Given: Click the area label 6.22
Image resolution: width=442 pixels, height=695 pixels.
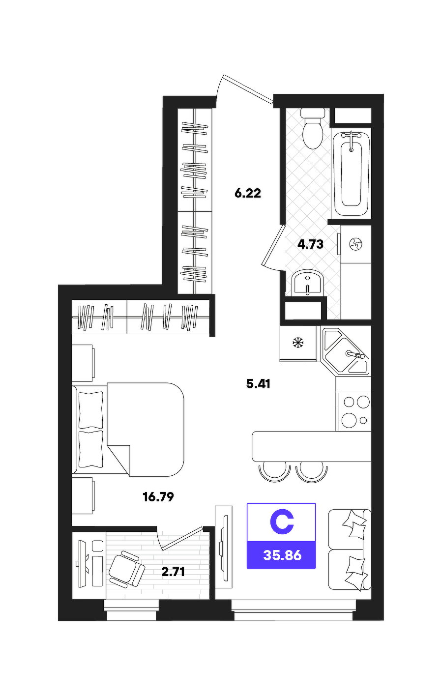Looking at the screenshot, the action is click(247, 193).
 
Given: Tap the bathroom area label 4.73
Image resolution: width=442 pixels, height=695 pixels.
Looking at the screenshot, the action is click(310, 244).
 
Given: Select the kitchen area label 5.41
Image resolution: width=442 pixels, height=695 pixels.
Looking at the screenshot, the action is click(258, 384).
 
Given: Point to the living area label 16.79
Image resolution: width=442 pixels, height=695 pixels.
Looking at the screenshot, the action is click(158, 497).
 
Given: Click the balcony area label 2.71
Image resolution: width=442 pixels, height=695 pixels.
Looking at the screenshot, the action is click(173, 571).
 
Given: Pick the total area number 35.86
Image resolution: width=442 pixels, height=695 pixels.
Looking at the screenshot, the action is click(282, 555).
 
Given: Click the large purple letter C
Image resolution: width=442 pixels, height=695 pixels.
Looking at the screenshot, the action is click(282, 523).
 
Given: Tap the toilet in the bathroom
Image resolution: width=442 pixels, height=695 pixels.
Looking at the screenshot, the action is click(313, 128).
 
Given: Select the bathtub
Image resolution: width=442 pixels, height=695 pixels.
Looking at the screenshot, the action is click(351, 173).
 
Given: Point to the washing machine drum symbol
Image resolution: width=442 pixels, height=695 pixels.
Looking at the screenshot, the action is click(355, 244).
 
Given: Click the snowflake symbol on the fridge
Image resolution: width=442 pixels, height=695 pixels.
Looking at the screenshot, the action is click(298, 343).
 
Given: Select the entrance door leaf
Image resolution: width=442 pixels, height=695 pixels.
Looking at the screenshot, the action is click(248, 89).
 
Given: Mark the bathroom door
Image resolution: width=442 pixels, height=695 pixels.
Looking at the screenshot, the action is click(273, 245).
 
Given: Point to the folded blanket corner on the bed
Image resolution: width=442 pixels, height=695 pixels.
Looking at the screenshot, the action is click(118, 460).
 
